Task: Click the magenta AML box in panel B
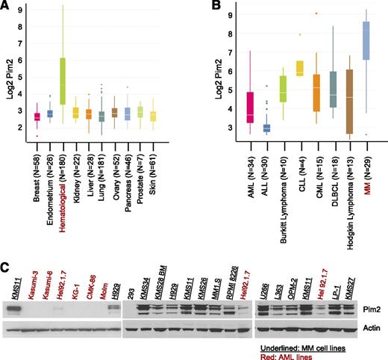229,108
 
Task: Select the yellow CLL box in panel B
300,68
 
